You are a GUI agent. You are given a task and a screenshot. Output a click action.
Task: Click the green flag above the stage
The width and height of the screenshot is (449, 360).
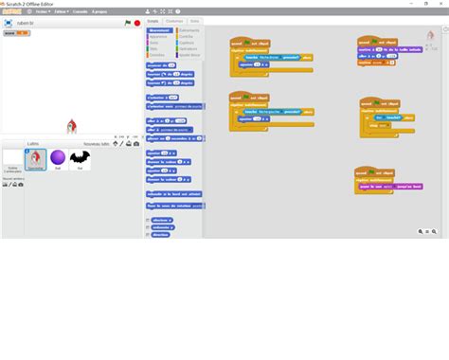pyautogui.click(x=128, y=22)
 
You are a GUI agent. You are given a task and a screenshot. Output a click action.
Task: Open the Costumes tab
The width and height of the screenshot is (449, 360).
pyautogui.click(x=174, y=20)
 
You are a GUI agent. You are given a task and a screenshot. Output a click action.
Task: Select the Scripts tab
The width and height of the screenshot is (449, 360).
pyautogui.click(x=153, y=20)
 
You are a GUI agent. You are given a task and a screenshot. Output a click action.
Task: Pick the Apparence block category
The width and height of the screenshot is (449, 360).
pyautogui.click(x=157, y=36)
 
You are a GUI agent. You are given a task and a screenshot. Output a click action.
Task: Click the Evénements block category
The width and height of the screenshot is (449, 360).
pyautogui.click(x=189, y=30)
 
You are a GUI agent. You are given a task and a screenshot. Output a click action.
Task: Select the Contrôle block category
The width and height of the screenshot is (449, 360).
pyautogui.click(x=188, y=36)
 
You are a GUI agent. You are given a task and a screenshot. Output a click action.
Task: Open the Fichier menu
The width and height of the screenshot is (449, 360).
pyautogui.click(x=43, y=11)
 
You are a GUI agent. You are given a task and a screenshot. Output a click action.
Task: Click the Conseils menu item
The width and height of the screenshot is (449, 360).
pyautogui.click(x=80, y=11)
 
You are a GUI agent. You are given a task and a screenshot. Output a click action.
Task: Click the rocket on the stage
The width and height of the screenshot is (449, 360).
pyautogui.click(x=71, y=126)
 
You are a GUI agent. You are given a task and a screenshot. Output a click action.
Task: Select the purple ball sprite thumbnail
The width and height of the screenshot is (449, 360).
pyautogui.click(x=58, y=157)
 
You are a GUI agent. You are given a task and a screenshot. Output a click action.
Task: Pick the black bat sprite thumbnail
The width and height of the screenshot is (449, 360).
pyautogui.click(x=81, y=158)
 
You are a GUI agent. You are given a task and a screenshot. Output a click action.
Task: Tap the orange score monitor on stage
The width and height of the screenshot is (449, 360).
pyautogui.click(x=17, y=33)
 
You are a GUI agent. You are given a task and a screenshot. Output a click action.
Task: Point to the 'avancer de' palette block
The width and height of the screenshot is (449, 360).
pyautogui.click(x=163, y=65)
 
